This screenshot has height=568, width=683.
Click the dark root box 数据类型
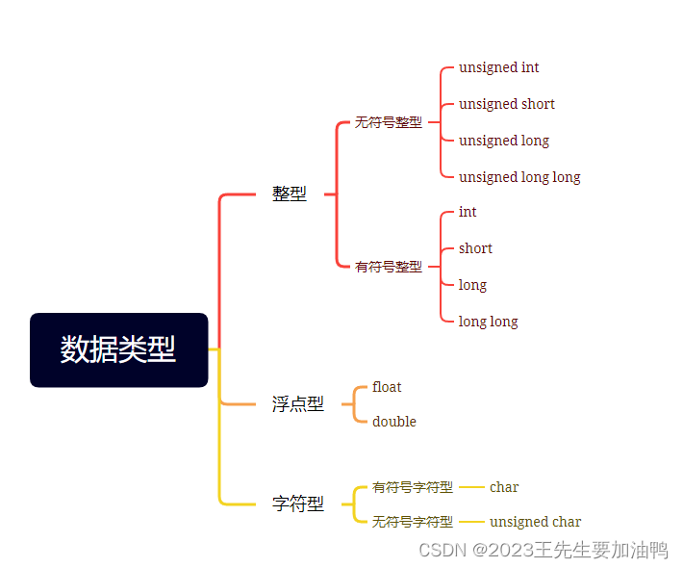click(118, 349)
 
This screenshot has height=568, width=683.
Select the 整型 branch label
click(289, 194)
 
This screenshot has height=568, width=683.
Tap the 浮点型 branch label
click(297, 404)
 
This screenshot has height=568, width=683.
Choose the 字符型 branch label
click(297, 503)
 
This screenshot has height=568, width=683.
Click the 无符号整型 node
click(388, 122)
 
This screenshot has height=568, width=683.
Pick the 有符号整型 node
click(389, 267)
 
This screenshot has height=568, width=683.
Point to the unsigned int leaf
click(498, 67)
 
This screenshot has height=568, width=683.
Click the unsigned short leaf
click(506, 104)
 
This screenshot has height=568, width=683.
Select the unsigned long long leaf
click(519, 177)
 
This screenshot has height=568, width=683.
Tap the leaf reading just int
click(468, 212)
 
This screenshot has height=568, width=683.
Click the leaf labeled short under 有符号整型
click(475, 248)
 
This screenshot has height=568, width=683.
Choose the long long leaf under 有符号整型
click(488, 322)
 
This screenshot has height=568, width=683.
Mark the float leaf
click(387, 387)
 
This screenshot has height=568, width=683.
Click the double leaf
click(393, 422)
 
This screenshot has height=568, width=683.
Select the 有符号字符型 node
click(412, 487)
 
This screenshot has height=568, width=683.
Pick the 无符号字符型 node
click(412, 522)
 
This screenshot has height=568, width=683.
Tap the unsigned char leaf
click(535, 522)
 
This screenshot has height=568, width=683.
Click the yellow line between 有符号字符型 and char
click(471, 487)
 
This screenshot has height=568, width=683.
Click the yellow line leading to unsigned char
click(471, 522)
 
